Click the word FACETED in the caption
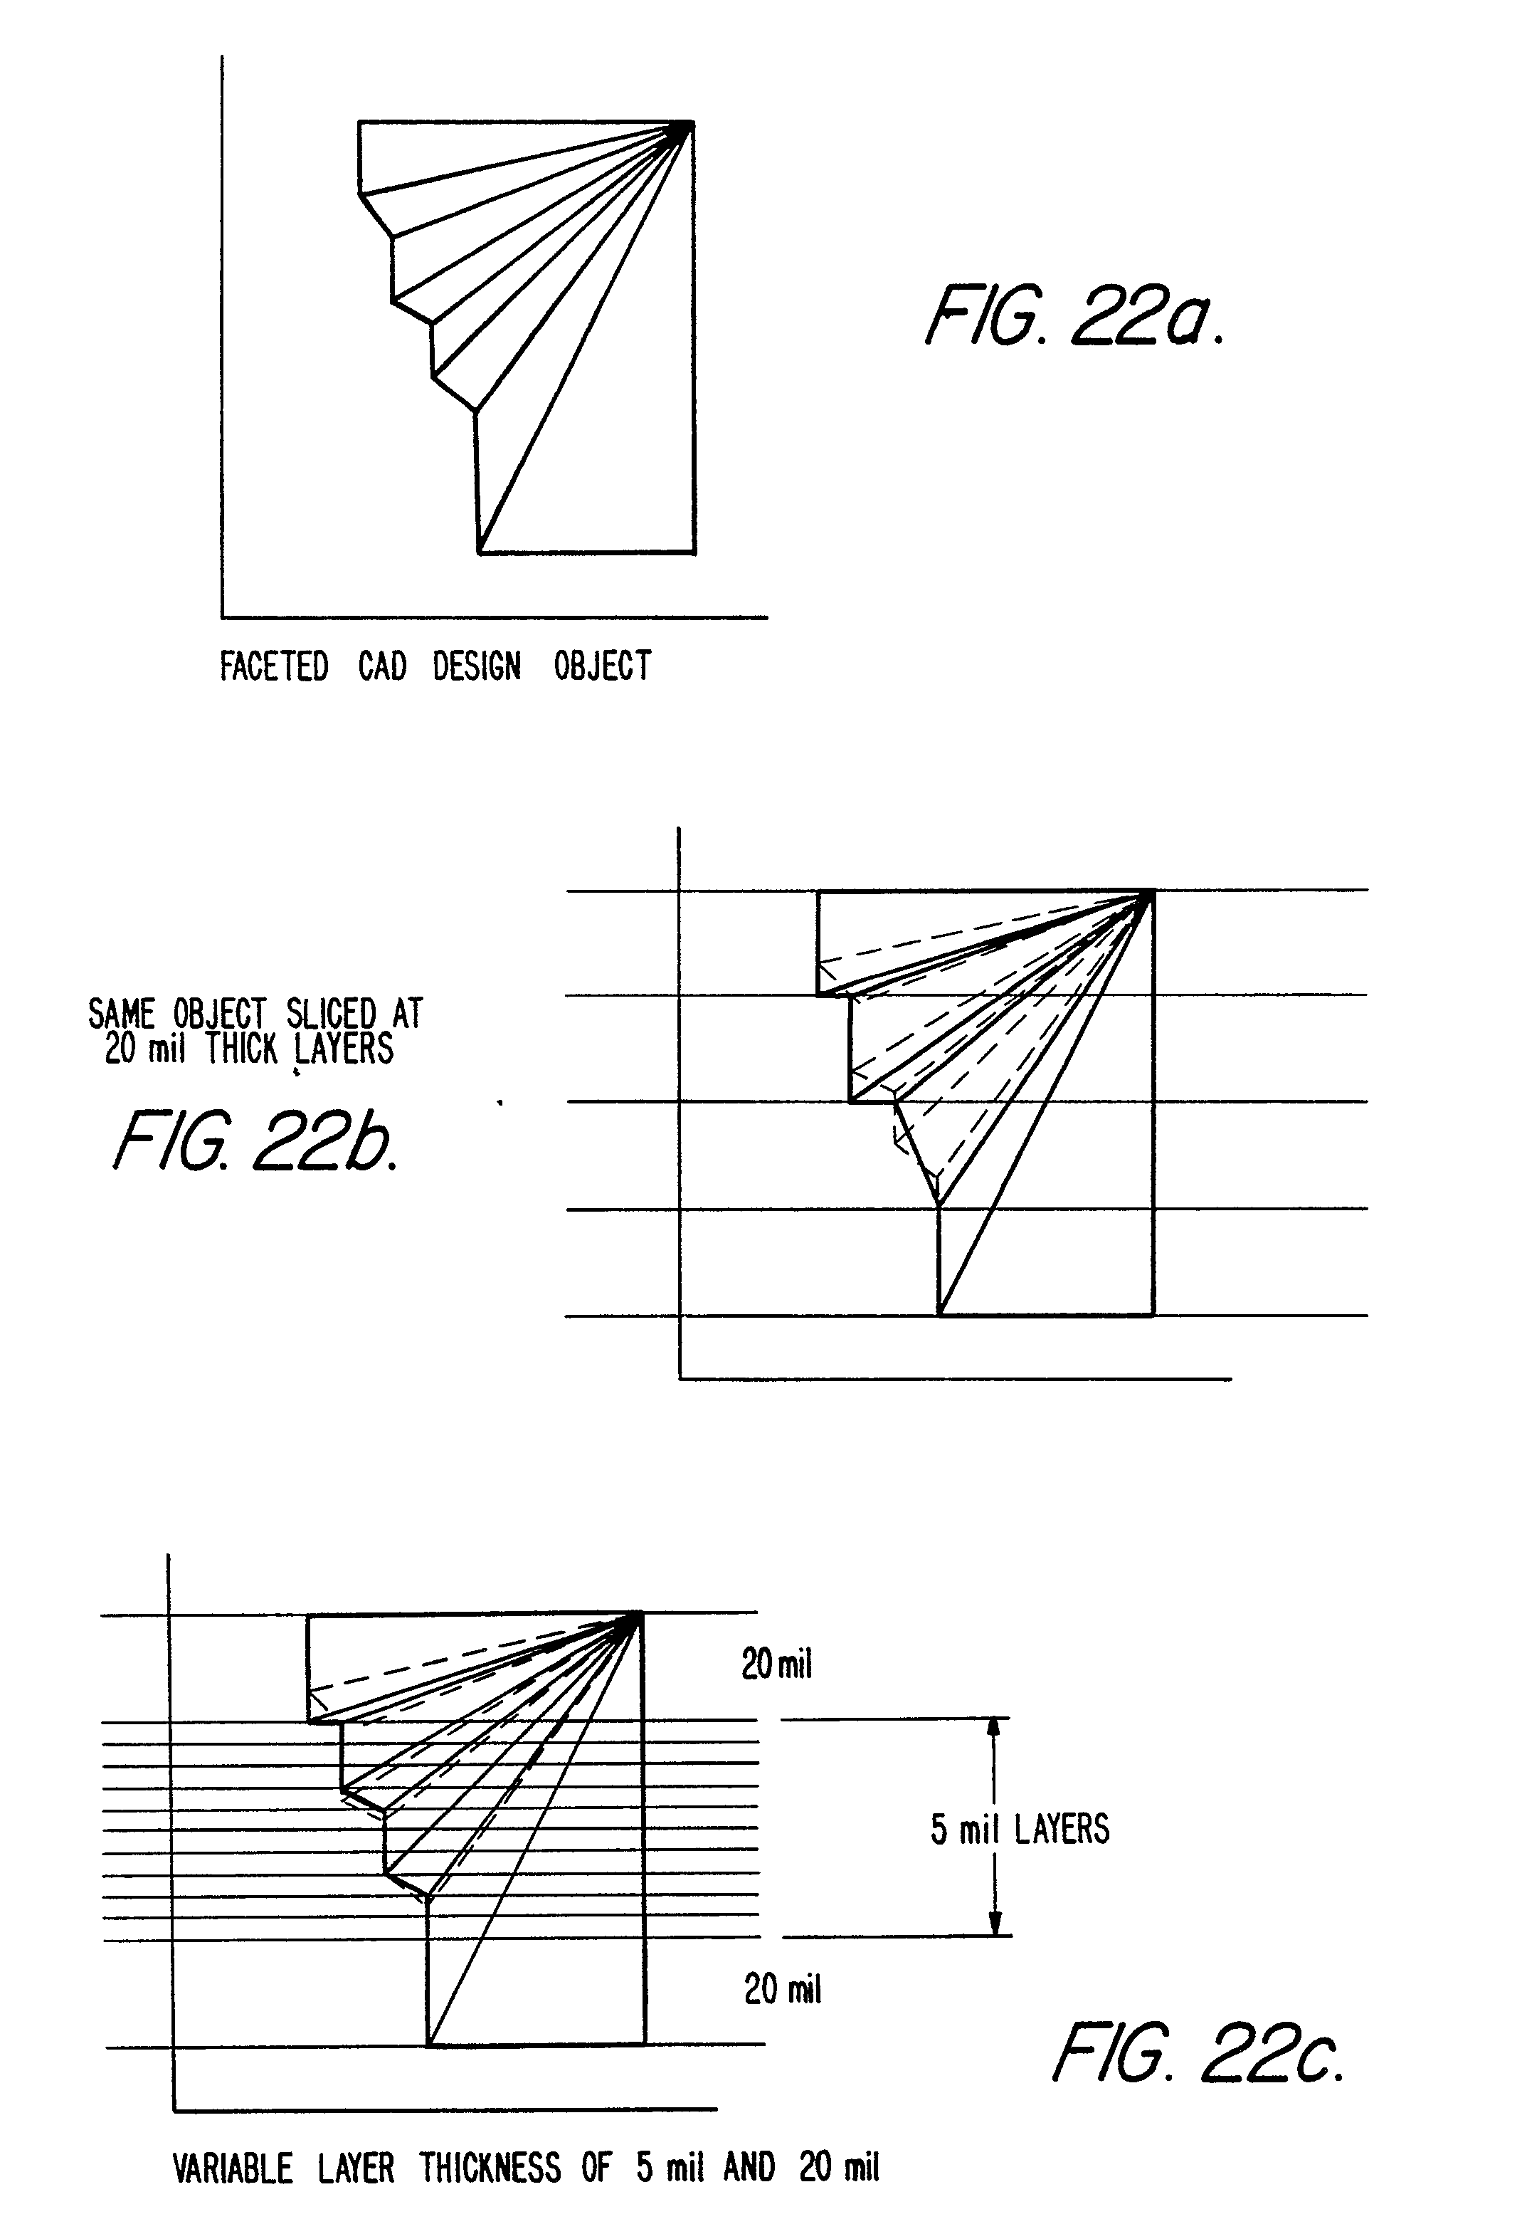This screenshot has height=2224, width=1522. (x=274, y=666)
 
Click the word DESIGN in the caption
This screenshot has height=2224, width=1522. (x=477, y=666)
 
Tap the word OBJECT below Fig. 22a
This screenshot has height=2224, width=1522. (x=603, y=666)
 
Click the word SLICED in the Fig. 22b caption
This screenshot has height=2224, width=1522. (x=331, y=1014)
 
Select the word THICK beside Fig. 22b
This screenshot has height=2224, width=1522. (x=241, y=1050)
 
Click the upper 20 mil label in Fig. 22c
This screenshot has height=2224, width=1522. (x=776, y=1665)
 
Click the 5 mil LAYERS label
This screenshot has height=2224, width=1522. (x=1020, y=1829)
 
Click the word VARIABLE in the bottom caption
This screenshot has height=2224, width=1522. (x=233, y=2168)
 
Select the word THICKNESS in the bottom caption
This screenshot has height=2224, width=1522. (x=490, y=2168)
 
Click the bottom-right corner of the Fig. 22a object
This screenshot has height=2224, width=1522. (x=694, y=552)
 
